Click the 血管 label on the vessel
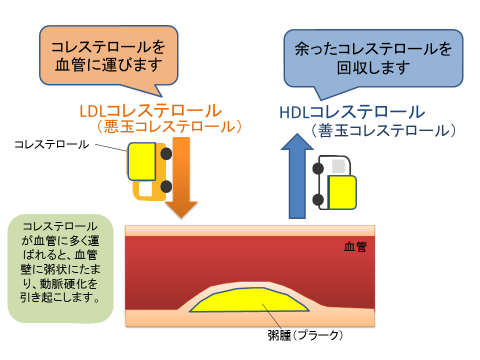pyautogui.click(x=356, y=246)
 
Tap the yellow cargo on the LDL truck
pyautogui.click(x=143, y=161)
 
